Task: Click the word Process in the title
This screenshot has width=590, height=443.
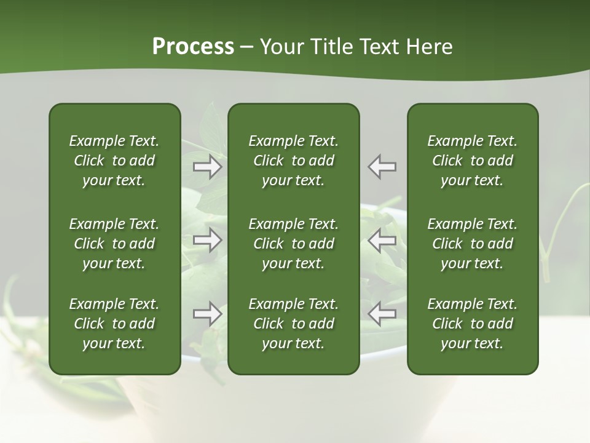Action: click(x=193, y=47)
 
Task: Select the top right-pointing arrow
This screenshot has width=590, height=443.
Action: click(x=208, y=167)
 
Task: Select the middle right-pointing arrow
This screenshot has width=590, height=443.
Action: click(x=208, y=240)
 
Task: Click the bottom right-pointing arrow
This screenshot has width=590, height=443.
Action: click(x=208, y=314)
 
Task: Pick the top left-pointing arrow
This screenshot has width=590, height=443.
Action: click(x=382, y=167)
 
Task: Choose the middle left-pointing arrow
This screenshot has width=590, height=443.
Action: click(x=382, y=240)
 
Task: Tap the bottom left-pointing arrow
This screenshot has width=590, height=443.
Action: click(x=382, y=314)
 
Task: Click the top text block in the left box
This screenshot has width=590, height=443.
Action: click(x=114, y=161)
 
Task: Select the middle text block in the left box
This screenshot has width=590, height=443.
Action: click(x=114, y=244)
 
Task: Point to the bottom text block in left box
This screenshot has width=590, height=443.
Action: click(x=114, y=324)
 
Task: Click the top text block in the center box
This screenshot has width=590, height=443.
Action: click(x=293, y=161)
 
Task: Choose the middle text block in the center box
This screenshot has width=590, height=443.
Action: click(x=293, y=244)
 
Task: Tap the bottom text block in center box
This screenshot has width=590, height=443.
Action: click(x=293, y=324)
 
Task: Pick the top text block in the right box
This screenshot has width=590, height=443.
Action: click(x=472, y=161)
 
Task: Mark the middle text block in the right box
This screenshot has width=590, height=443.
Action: click(x=472, y=244)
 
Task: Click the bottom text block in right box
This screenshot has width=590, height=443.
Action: click(x=472, y=324)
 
